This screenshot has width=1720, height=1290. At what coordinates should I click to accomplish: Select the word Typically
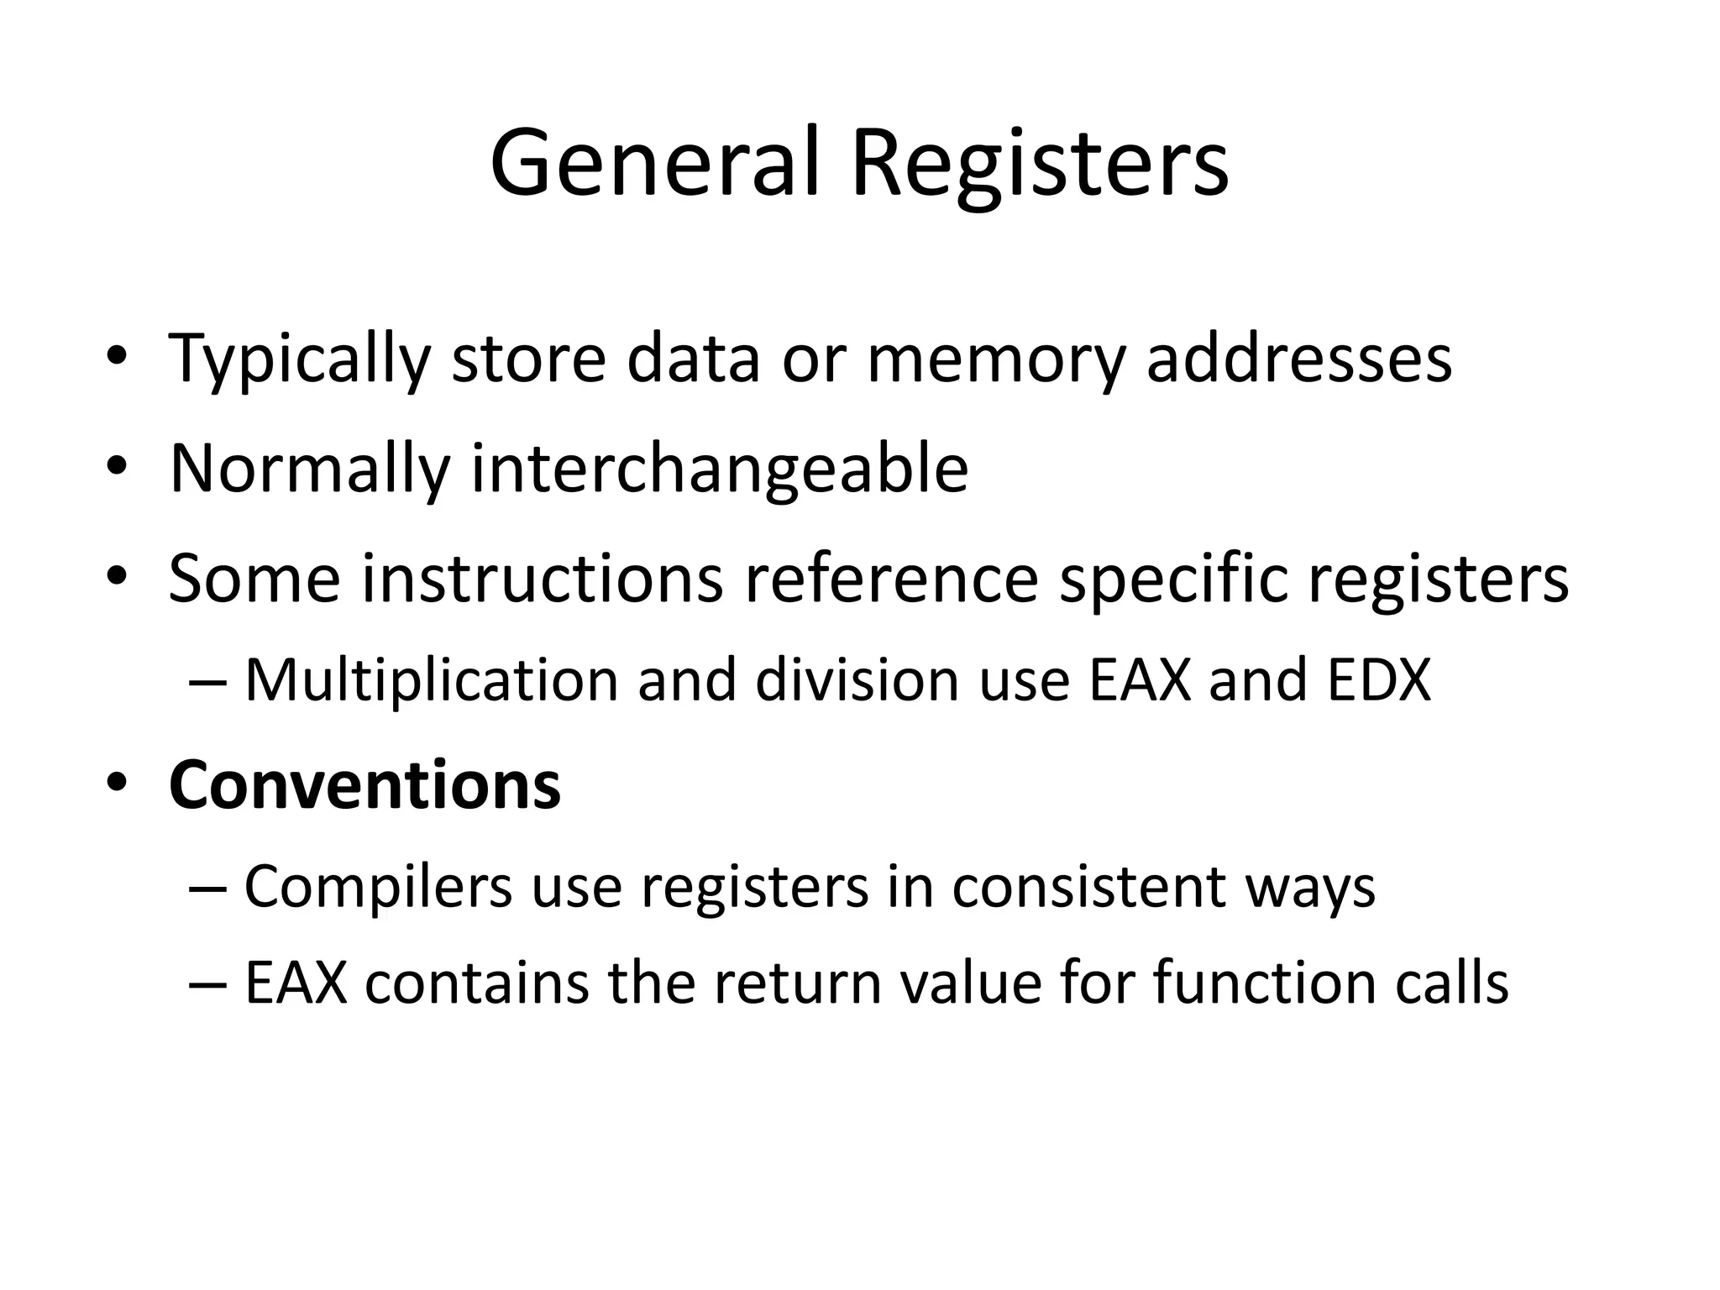tap(300, 359)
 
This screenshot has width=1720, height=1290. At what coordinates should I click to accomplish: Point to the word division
tap(857, 679)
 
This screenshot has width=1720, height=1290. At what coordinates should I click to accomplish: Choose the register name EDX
tap(1379, 679)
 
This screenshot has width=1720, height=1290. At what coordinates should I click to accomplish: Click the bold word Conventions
tap(364, 784)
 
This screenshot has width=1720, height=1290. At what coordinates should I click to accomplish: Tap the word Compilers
tap(378, 887)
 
